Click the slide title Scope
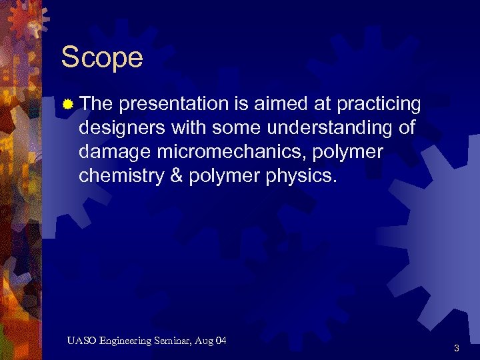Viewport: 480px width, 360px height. point(102,58)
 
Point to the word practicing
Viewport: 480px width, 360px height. point(379,105)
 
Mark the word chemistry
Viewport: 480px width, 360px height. point(122,177)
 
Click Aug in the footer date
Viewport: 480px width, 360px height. point(205,341)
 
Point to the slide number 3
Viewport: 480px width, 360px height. point(457,347)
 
